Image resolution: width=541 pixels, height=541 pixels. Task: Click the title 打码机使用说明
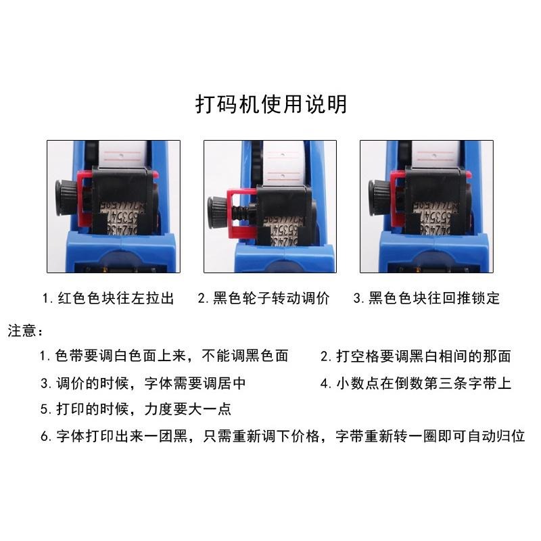click(270, 105)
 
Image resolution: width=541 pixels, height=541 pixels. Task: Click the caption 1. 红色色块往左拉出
click(108, 298)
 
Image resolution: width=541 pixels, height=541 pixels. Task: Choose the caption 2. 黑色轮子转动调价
click(264, 298)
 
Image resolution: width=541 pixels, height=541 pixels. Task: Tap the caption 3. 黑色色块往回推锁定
click(426, 298)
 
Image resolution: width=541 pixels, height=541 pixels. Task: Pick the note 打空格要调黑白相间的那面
click(415, 356)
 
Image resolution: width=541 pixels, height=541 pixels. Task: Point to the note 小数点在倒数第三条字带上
click(415, 383)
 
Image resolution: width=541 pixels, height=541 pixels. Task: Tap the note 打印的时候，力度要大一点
click(135, 409)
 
